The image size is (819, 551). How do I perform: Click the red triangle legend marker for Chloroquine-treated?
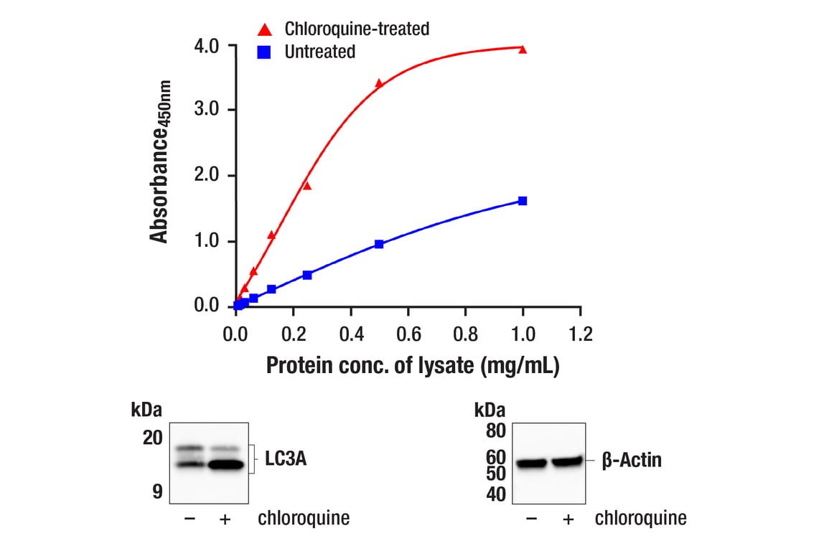pos(265,29)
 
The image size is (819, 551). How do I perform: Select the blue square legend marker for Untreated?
pos(265,52)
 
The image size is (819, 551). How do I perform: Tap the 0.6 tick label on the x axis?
pos(408,334)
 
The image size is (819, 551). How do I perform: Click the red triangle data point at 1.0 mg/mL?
pos(523,50)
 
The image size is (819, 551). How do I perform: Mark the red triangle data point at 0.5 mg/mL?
pos(379,83)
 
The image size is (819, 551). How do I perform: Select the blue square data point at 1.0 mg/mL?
pos(523,201)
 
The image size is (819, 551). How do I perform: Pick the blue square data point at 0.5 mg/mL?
pos(379,244)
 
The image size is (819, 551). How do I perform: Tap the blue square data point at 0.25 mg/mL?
pos(307,275)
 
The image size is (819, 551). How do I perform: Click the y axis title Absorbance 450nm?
pos(160,162)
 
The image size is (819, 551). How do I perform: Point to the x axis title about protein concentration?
pos(413,365)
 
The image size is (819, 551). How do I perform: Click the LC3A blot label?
pos(286,459)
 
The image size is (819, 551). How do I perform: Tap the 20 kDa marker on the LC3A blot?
pos(152,438)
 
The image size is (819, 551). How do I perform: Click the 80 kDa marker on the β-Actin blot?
pos(496,432)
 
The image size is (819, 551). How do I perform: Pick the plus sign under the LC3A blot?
pos(224,519)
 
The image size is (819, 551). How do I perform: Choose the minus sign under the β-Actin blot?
pos(532,519)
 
